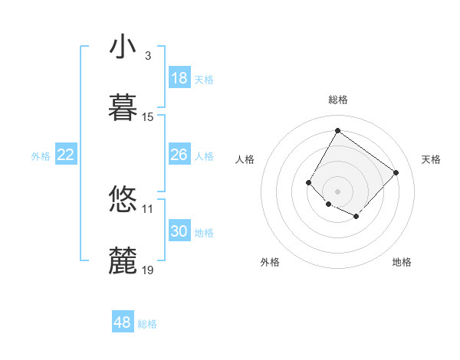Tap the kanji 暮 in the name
point(123,108)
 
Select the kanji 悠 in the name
point(123,200)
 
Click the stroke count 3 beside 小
point(147,56)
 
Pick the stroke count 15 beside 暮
point(148,117)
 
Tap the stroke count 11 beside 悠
point(148,208)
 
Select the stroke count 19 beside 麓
point(148,270)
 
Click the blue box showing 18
point(179,78)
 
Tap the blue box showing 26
point(179,155)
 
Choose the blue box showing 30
point(179,231)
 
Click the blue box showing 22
point(66,155)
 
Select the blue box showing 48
point(123,322)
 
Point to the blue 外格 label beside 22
point(41,155)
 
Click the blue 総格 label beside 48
point(147,324)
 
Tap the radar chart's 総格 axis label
point(337,100)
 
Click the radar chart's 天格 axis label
point(431,159)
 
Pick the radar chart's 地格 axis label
point(402,262)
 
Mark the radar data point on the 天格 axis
point(396,172)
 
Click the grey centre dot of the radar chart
point(337,191)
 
